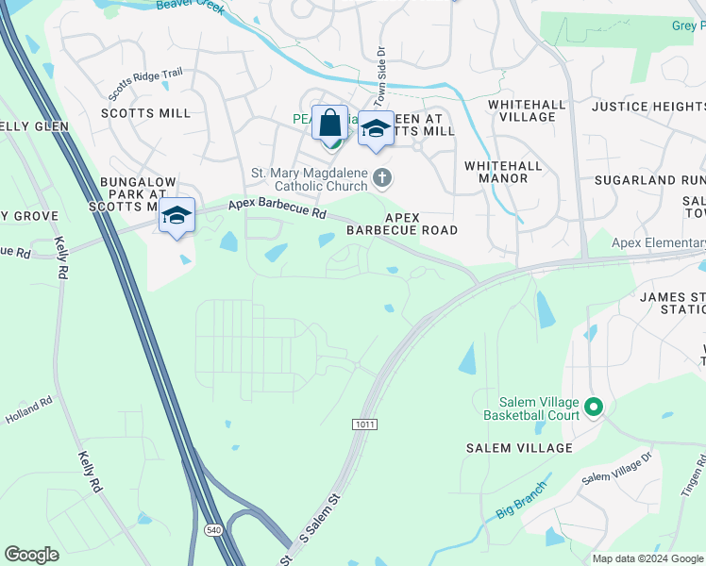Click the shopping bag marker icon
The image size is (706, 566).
pos(329,124)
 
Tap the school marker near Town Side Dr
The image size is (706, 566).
pos(376,130)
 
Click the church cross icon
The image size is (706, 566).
pos(382,177)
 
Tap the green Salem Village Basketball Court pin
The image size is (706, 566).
pos(593,408)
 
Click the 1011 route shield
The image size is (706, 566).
pos(366,425)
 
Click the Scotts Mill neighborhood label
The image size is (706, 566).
pos(145,113)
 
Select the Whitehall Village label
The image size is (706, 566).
pos(522,109)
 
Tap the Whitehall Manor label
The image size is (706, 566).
pos(503,172)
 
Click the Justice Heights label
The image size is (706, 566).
pos(648,107)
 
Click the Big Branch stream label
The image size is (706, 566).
pos(520,508)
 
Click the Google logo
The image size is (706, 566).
pos(31,555)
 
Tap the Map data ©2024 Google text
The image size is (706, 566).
pos(647,558)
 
